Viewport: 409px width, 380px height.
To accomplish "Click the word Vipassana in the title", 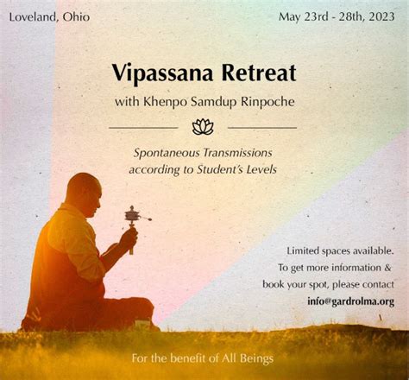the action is (162, 73).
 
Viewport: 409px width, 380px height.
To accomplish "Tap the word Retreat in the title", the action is (259, 73).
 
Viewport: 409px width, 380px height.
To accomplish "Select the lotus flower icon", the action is (203, 127).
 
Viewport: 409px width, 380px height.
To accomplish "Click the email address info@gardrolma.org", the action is (350, 301).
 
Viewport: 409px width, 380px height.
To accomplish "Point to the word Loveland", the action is (33, 16).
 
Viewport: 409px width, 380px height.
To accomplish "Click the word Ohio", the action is (76, 16).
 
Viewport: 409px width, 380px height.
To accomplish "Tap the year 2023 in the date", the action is (381, 16).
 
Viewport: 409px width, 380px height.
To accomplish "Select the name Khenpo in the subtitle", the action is (165, 102).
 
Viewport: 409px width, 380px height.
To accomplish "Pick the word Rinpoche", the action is (267, 102).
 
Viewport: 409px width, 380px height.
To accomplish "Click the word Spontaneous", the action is (167, 153).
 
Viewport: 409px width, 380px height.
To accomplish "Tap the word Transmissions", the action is (237, 153).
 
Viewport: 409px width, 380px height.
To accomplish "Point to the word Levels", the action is (261, 169).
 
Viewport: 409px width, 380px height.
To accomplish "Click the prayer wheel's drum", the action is (132, 215).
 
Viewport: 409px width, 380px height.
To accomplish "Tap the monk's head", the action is (84, 194).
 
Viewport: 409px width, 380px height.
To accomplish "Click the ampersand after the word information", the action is (387, 268).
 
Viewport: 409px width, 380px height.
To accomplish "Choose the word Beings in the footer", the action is (256, 359).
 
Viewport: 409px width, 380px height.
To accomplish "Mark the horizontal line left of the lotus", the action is (143, 128).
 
